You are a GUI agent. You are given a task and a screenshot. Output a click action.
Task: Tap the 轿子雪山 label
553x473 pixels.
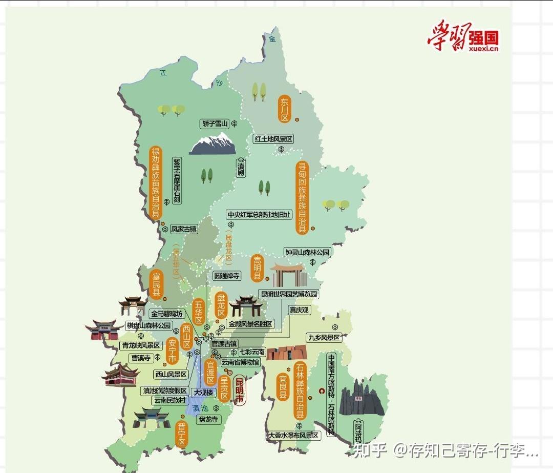click(215, 123)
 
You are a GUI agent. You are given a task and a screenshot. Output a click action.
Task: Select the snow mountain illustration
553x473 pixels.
click(212, 144)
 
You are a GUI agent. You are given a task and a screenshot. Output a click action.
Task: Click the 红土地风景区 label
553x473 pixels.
click(274, 139)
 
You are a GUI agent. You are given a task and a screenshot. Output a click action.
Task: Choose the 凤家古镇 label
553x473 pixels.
click(183, 229)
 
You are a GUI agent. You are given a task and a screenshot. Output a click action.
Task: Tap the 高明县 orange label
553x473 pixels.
click(257, 269)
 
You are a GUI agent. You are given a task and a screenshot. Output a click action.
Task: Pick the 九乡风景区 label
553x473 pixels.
click(324, 337)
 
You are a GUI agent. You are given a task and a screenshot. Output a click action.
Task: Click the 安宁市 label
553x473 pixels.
click(172, 352)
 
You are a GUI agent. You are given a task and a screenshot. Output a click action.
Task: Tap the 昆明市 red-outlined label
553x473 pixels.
click(239, 390)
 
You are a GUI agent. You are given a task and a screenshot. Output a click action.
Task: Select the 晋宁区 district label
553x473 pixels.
click(181, 435)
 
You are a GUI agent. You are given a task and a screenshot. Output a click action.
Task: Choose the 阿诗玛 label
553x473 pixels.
click(359, 433)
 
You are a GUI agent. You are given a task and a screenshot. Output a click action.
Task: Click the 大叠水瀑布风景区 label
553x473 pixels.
click(293, 435)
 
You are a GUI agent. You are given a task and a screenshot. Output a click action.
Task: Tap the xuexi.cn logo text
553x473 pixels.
click(483, 49)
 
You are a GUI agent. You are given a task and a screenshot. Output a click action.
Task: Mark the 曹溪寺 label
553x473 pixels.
click(141, 358)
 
